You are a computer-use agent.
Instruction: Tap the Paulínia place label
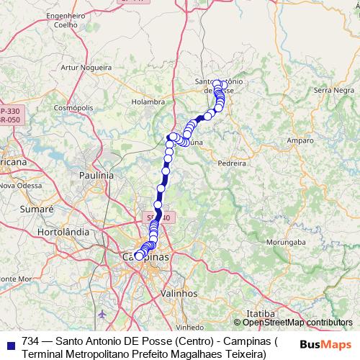pos(96,175)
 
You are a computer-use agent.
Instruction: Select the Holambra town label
pos(148,102)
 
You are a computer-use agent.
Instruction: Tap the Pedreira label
pos(231,163)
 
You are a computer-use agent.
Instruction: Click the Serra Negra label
pos(330,90)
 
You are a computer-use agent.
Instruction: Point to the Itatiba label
pos(260,314)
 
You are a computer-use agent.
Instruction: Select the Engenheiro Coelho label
pos(66,19)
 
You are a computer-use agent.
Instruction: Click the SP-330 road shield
pos(9,112)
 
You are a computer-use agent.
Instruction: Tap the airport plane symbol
pos(101,314)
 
